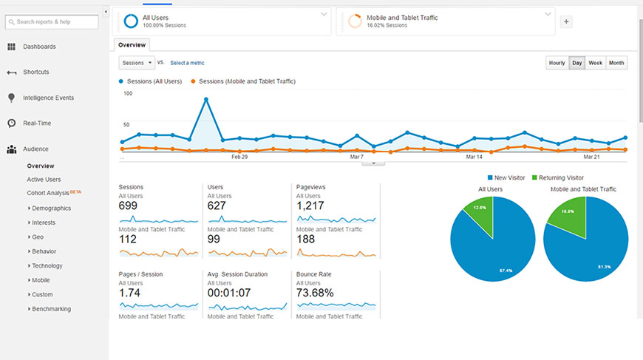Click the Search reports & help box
(x=52, y=21)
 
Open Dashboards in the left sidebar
(x=38, y=47)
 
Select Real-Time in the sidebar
(x=37, y=123)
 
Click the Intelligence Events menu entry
(x=48, y=98)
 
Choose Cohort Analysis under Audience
(x=48, y=193)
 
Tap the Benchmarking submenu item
(x=51, y=308)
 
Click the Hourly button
(x=557, y=63)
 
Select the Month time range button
(x=616, y=63)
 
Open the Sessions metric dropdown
(x=136, y=63)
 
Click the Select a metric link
(x=187, y=63)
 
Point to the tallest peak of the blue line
(x=206, y=99)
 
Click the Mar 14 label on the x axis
(x=474, y=157)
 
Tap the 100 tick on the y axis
(x=128, y=93)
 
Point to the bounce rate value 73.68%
(x=315, y=293)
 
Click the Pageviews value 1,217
(x=310, y=206)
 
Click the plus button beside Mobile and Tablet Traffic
(x=567, y=21)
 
